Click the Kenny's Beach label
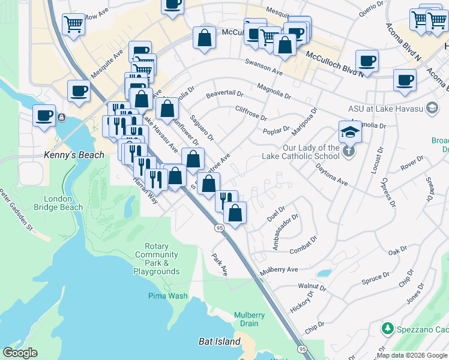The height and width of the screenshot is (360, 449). pyautogui.click(x=74, y=155)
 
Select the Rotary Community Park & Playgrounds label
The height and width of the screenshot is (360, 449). pyautogui.click(x=157, y=259)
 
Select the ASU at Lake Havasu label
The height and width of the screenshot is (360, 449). pyautogui.click(x=385, y=109)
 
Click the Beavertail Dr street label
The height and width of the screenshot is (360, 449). pyautogui.click(x=224, y=94)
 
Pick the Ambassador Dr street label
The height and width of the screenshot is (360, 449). pyautogui.click(x=285, y=233)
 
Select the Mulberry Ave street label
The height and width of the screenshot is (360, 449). pyautogui.click(x=279, y=271)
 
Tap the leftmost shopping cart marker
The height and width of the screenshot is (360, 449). pyautogui.click(x=73, y=25)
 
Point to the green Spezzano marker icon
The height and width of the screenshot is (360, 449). pyautogui.click(x=387, y=329)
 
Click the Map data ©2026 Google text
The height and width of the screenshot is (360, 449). pyautogui.click(x=412, y=356)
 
